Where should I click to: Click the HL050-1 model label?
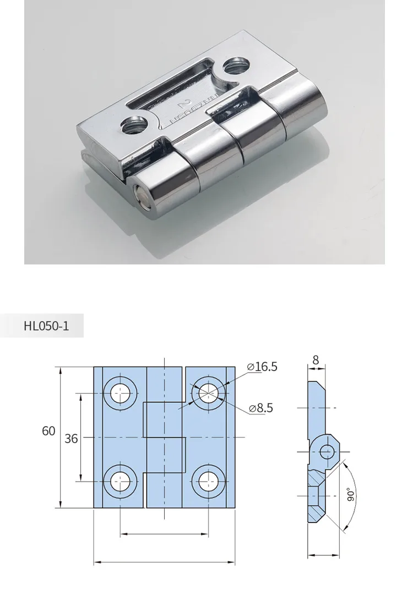(46, 326)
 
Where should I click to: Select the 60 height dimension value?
(48, 431)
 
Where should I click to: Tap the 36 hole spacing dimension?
(71, 438)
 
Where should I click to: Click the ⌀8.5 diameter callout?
(261, 408)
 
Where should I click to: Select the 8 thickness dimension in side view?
(316, 360)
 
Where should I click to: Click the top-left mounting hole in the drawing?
(120, 393)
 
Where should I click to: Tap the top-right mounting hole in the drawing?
(208, 393)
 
